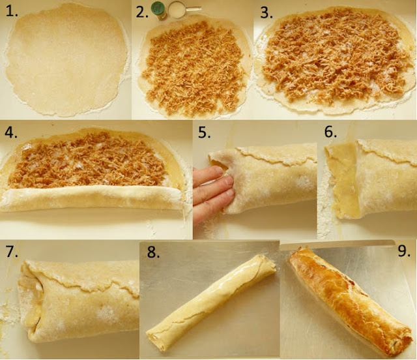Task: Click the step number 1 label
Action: coord(12,12)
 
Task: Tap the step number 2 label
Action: coord(142,12)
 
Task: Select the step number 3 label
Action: coord(266,12)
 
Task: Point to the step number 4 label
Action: coord(11,132)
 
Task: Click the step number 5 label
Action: coord(204,132)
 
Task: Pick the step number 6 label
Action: coord(330,132)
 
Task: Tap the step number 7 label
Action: coord(12,251)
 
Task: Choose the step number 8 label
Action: coord(154,252)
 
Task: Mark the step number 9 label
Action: coord(404,250)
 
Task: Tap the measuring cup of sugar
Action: coord(177,10)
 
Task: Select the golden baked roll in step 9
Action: coord(351,301)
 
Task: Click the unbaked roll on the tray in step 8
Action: coord(210,302)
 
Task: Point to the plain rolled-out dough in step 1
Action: coord(66,60)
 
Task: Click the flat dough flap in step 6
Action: coord(343,180)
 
